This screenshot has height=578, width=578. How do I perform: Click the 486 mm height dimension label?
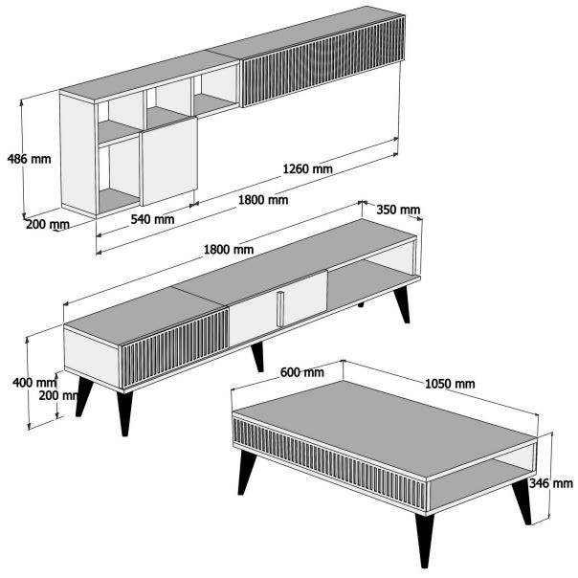[x=28, y=158]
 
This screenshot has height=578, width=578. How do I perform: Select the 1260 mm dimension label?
[x=307, y=169]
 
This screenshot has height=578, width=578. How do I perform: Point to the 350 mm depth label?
[x=398, y=210]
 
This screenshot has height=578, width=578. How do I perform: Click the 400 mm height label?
[x=28, y=383]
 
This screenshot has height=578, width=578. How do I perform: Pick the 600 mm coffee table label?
[x=301, y=372]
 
